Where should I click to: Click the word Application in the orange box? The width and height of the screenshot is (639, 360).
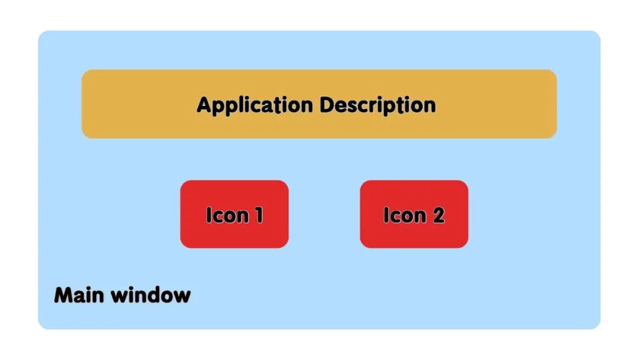[254, 105]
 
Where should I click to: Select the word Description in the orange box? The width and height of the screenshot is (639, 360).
[378, 105]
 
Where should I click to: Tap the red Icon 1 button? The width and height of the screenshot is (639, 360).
[234, 214]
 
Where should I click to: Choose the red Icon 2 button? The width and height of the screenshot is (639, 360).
[414, 214]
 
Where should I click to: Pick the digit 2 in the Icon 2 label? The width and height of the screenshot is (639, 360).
[438, 215]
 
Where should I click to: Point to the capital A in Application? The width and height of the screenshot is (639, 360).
[204, 105]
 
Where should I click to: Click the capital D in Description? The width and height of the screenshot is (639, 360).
[327, 105]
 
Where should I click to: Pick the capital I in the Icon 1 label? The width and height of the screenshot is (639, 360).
[209, 215]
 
